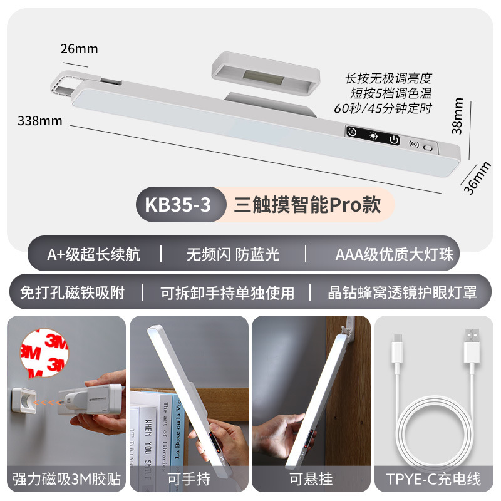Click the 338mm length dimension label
tap(40, 121)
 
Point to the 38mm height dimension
tap(458, 116)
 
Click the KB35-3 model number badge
tap(178, 204)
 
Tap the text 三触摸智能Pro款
tap(307, 204)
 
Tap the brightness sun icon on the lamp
tap(373, 136)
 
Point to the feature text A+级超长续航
tap(93, 254)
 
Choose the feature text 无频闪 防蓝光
tap(232, 254)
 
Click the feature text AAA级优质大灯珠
tap(394, 254)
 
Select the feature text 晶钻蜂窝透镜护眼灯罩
tap(402, 292)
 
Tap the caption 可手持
tap(188, 480)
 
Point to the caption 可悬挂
tap(310, 480)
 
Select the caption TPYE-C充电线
tap(434, 480)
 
